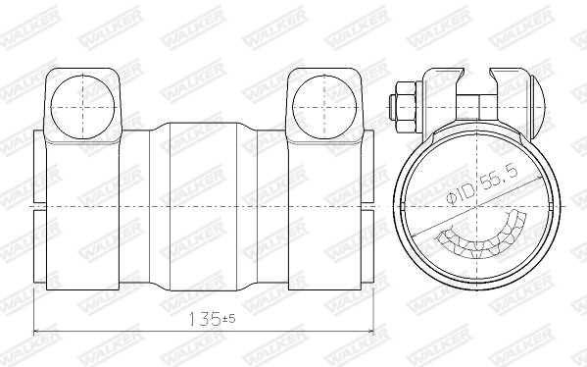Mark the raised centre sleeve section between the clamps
coord(205,206)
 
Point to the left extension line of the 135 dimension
coord(34,314)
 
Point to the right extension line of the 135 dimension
coord(377,314)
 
